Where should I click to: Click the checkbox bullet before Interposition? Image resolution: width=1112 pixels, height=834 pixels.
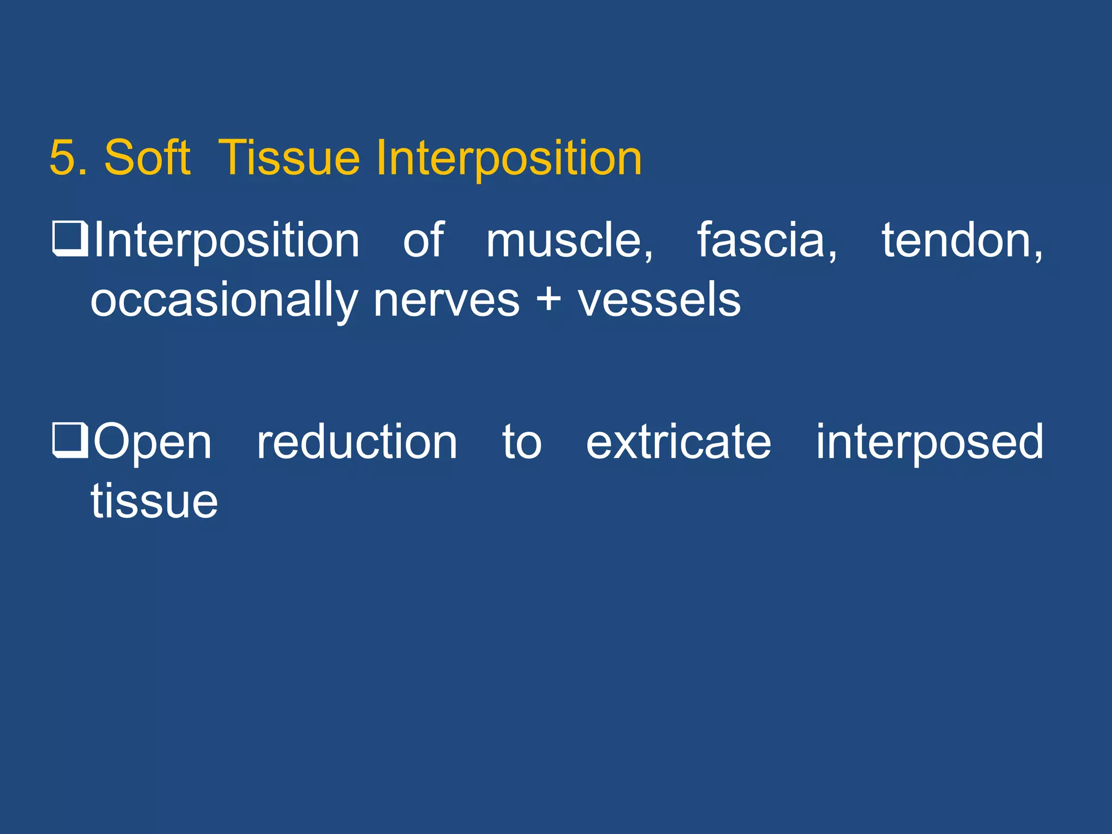pyautogui.click(x=70, y=238)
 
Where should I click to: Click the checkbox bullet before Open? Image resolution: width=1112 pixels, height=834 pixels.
pyautogui.click(x=70, y=440)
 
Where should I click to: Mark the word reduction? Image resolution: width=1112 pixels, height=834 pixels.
pyautogui.click(x=357, y=443)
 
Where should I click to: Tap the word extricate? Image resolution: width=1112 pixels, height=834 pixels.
pyautogui.click(x=678, y=443)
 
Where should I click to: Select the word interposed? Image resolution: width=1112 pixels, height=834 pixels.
pyautogui.click(x=929, y=443)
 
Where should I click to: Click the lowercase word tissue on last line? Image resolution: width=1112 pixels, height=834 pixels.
pyautogui.click(x=154, y=502)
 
